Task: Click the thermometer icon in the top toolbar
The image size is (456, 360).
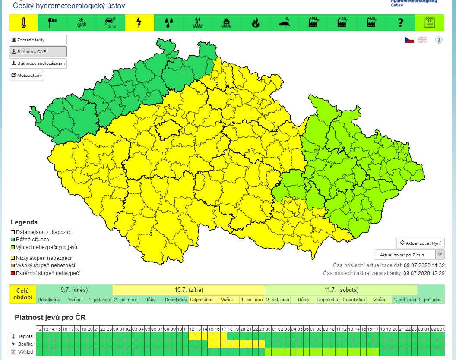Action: point(23,23)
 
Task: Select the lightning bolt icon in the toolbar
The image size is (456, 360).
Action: point(139,23)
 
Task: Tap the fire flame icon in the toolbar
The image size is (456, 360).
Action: point(255,23)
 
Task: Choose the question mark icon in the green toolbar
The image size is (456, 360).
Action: point(400,23)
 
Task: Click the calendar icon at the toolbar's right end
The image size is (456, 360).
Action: point(429,23)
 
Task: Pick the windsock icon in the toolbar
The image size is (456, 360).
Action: point(52,23)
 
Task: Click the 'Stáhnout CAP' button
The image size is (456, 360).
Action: point(38,51)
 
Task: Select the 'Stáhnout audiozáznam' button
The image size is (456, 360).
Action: point(38,63)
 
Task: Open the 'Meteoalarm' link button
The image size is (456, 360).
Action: point(27,75)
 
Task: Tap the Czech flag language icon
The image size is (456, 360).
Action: point(409,40)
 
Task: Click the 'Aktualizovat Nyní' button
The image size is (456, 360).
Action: point(421,243)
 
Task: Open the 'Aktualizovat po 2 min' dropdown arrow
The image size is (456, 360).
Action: point(440,255)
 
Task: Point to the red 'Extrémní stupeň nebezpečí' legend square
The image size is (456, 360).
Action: point(13,273)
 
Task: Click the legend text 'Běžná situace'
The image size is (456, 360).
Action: point(32,240)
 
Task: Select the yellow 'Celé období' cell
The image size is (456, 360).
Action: point(22,294)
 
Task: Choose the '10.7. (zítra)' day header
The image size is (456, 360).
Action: point(188,290)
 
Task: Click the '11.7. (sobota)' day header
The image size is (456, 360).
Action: point(341,290)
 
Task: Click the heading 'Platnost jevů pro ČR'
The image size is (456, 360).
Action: point(50,317)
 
